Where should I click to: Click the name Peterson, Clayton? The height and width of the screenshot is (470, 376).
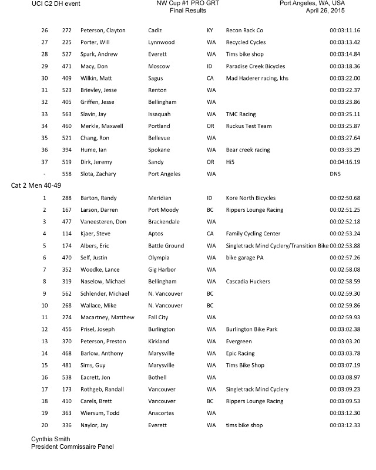coord(102,31)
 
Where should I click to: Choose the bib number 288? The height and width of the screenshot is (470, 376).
coord(67,198)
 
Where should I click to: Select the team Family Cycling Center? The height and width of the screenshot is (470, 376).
coord(253,234)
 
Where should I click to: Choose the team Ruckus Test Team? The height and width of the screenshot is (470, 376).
coord(249,126)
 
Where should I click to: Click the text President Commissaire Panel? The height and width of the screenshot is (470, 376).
coord(72,447)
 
